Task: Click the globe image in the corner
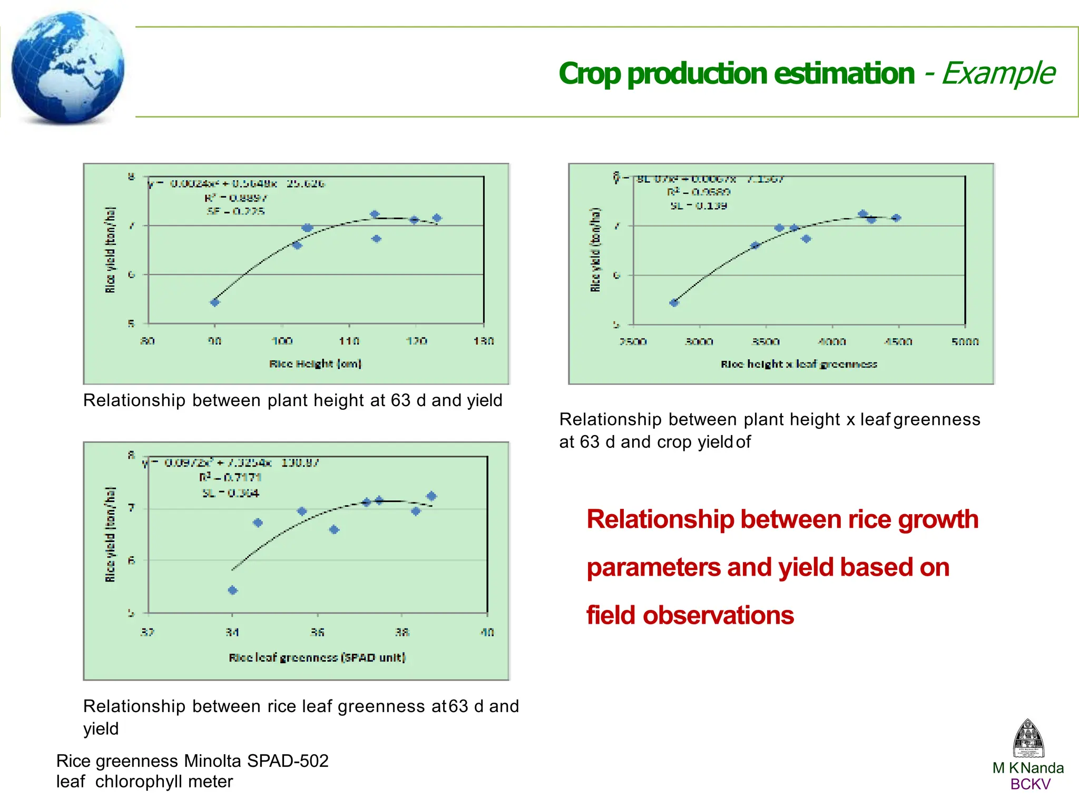point(67,67)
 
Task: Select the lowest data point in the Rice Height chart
point(214,302)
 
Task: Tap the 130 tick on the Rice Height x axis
point(483,341)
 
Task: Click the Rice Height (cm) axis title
point(315,363)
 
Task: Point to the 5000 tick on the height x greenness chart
point(965,342)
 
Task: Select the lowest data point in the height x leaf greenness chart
point(674,303)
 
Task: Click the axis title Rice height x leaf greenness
point(799,364)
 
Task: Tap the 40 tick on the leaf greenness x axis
point(487,632)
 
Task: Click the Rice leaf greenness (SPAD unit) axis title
point(317,657)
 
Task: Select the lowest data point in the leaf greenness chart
point(233,590)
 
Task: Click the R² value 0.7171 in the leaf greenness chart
point(242,477)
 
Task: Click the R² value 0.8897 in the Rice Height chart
point(248,198)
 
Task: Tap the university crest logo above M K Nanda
point(1028,738)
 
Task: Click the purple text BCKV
point(1030,784)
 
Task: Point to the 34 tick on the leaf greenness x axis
point(232,632)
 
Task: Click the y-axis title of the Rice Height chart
point(110,250)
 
